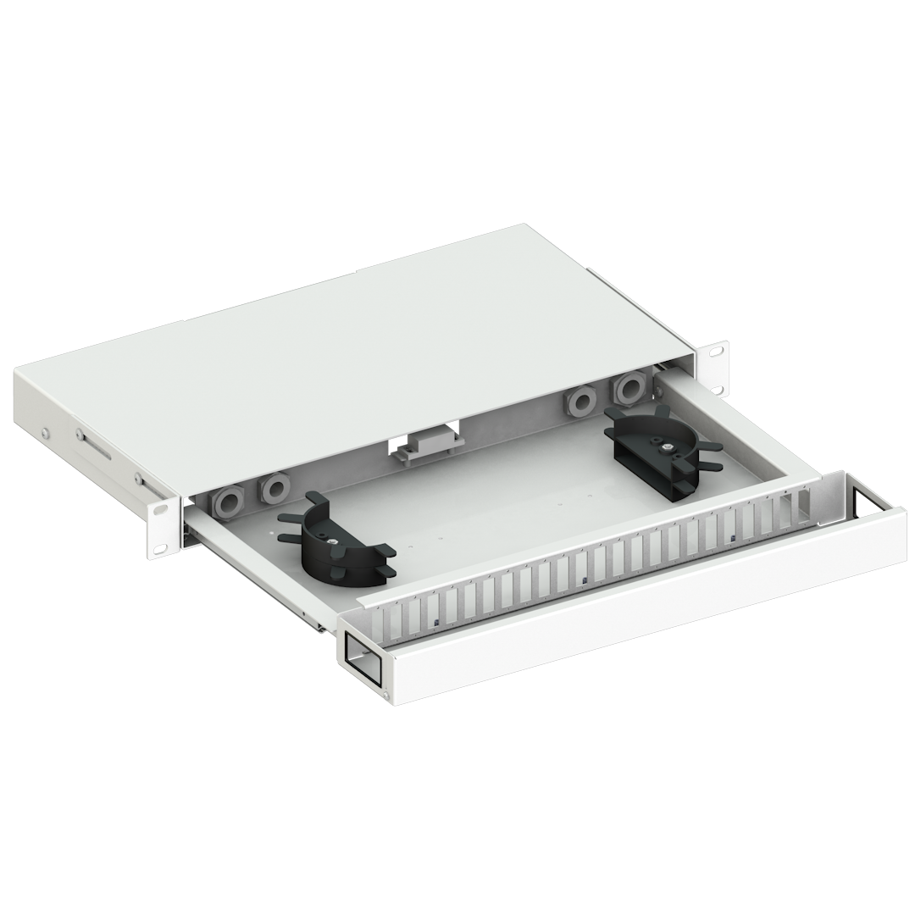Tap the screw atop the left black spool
click(x=335, y=543)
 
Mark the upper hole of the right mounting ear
click(x=716, y=350)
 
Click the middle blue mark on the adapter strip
click(x=585, y=580)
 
